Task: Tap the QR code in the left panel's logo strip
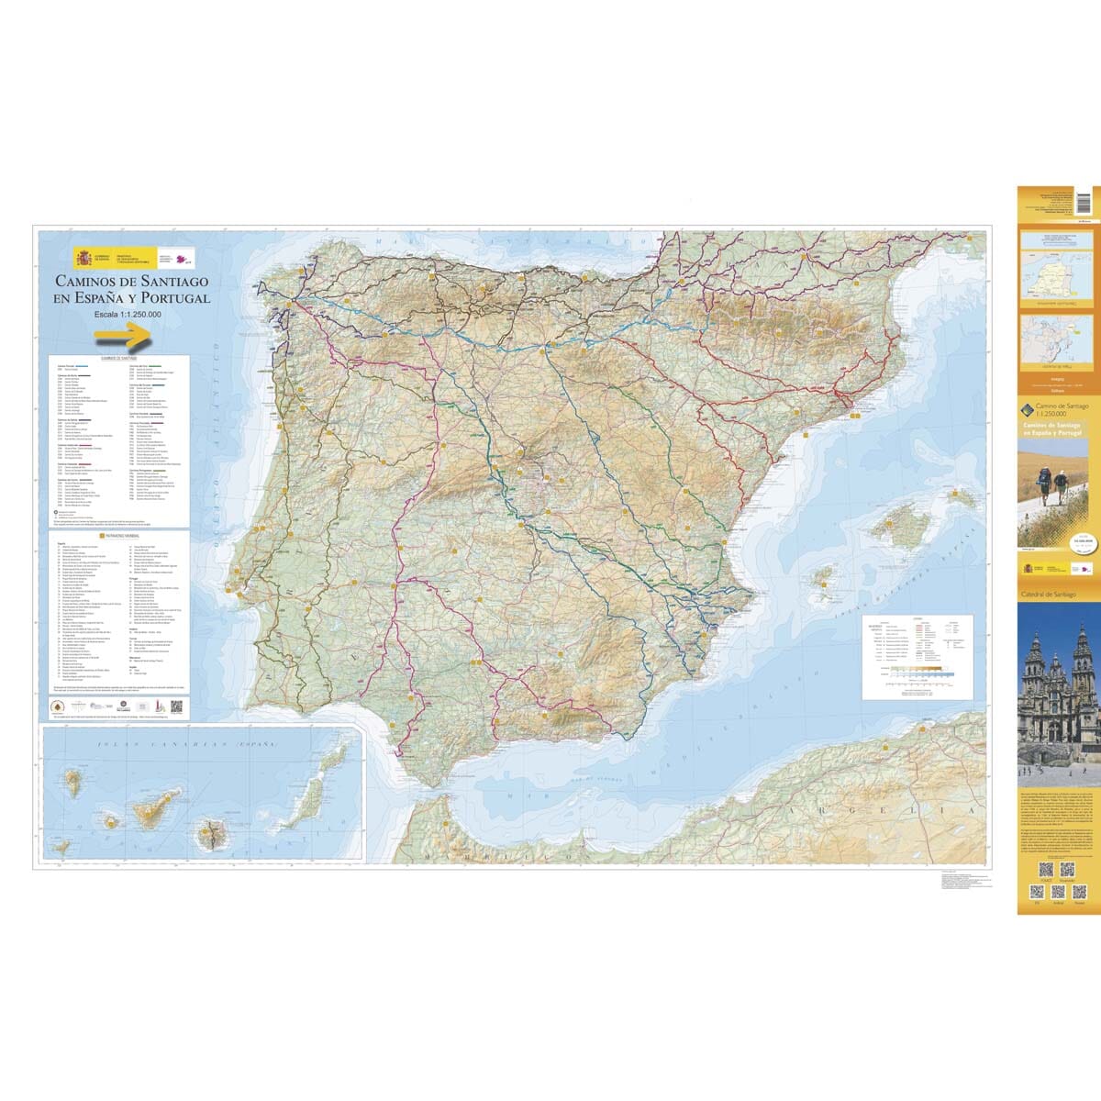point(176,707)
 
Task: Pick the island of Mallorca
point(889,527)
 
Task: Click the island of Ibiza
point(823,577)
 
